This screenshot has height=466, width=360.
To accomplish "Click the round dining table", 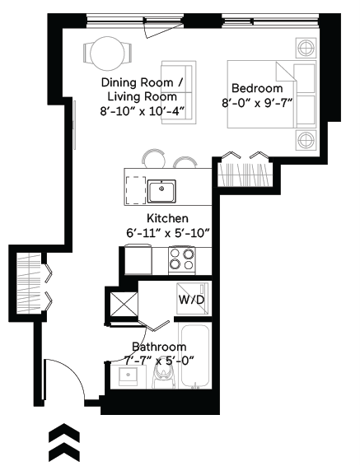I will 108,55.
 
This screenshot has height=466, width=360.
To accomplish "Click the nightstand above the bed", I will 306,46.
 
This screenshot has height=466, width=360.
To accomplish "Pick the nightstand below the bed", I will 306,138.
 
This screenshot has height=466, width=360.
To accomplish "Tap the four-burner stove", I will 182,260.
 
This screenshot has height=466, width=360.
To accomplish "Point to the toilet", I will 161,375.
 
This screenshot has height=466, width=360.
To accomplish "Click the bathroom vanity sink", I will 128,376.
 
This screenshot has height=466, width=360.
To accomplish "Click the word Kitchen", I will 167,218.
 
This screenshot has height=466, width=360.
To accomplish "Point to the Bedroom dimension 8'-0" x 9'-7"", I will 257,104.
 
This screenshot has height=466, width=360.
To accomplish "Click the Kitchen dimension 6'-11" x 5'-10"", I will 167,233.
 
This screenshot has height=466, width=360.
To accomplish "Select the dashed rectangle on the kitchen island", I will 133,190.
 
